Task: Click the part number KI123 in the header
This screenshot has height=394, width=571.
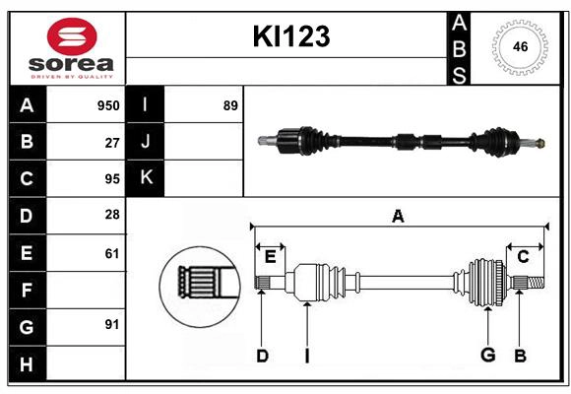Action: [x=290, y=37]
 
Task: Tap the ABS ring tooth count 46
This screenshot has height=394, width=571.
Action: [x=519, y=46]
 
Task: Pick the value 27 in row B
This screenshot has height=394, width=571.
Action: [x=112, y=142]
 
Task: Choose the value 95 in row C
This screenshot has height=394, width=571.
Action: [x=112, y=179]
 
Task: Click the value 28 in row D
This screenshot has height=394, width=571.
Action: [x=112, y=216]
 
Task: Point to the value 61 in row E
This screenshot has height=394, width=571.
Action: [x=112, y=253]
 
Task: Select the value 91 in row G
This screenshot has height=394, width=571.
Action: [x=112, y=325]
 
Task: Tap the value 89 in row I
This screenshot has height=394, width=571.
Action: [x=230, y=105]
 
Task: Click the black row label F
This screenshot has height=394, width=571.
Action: [x=27, y=290]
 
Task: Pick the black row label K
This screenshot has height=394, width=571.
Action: [x=145, y=178]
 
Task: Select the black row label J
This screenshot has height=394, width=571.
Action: [x=145, y=142]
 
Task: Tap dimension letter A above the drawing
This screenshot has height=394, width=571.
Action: [x=398, y=217]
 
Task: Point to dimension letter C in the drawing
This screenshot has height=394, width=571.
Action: [x=523, y=256]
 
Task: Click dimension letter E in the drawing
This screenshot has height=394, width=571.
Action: [x=270, y=256]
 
